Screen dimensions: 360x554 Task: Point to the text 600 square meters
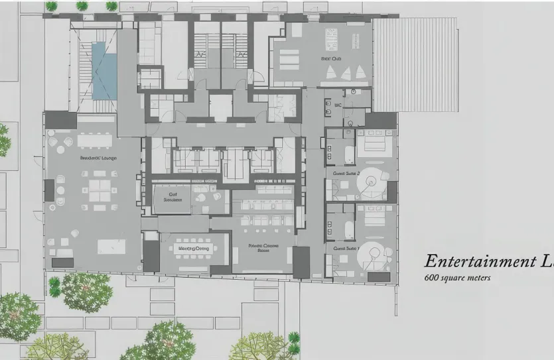[x=457, y=278]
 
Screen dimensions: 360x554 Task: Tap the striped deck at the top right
[x=415, y=64]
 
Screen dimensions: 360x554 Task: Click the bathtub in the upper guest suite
[x=346, y=156]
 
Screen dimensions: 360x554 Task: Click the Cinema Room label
[x=263, y=247]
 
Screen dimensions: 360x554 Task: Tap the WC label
[x=338, y=105]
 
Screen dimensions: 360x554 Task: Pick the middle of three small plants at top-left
[x=82, y=6]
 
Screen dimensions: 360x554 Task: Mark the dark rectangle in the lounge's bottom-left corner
[x=62, y=263]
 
